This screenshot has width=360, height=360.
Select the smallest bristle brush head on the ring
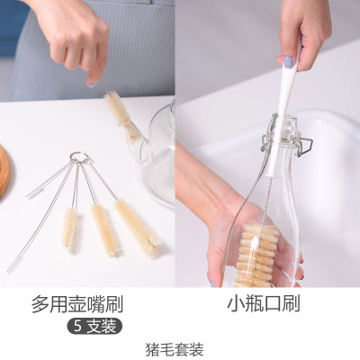click(x=69, y=227)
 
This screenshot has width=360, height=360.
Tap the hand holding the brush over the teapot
click(x=76, y=40)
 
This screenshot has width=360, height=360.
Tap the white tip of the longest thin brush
click(x=13, y=263)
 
